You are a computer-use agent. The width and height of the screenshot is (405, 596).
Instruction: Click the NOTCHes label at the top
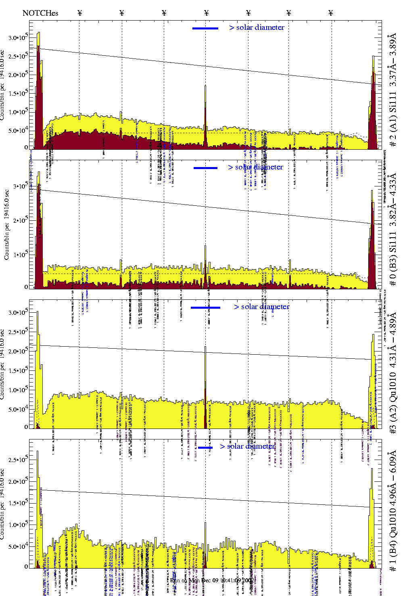(x=40, y=13)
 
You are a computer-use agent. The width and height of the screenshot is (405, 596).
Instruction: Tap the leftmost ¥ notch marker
(x=79, y=13)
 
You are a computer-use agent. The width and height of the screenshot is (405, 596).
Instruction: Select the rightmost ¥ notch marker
(x=331, y=13)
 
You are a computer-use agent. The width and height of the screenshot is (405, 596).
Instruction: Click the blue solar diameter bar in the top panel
(x=205, y=28)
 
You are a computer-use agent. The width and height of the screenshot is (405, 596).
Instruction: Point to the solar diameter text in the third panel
(x=265, y=307)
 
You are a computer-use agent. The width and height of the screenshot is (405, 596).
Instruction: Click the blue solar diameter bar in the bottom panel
(x=205, y=448)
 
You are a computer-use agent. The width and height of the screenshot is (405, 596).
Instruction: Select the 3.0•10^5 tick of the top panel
(x=19, y=38)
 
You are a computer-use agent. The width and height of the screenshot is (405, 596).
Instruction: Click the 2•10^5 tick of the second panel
(x=20, y=220)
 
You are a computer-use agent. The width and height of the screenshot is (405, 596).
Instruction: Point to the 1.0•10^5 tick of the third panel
(x=19, y=390)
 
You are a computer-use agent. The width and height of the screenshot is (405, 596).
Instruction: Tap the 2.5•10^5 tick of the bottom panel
(x=19, y=460)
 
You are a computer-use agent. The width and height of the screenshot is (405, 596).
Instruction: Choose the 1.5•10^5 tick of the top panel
(x=19, y=93)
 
